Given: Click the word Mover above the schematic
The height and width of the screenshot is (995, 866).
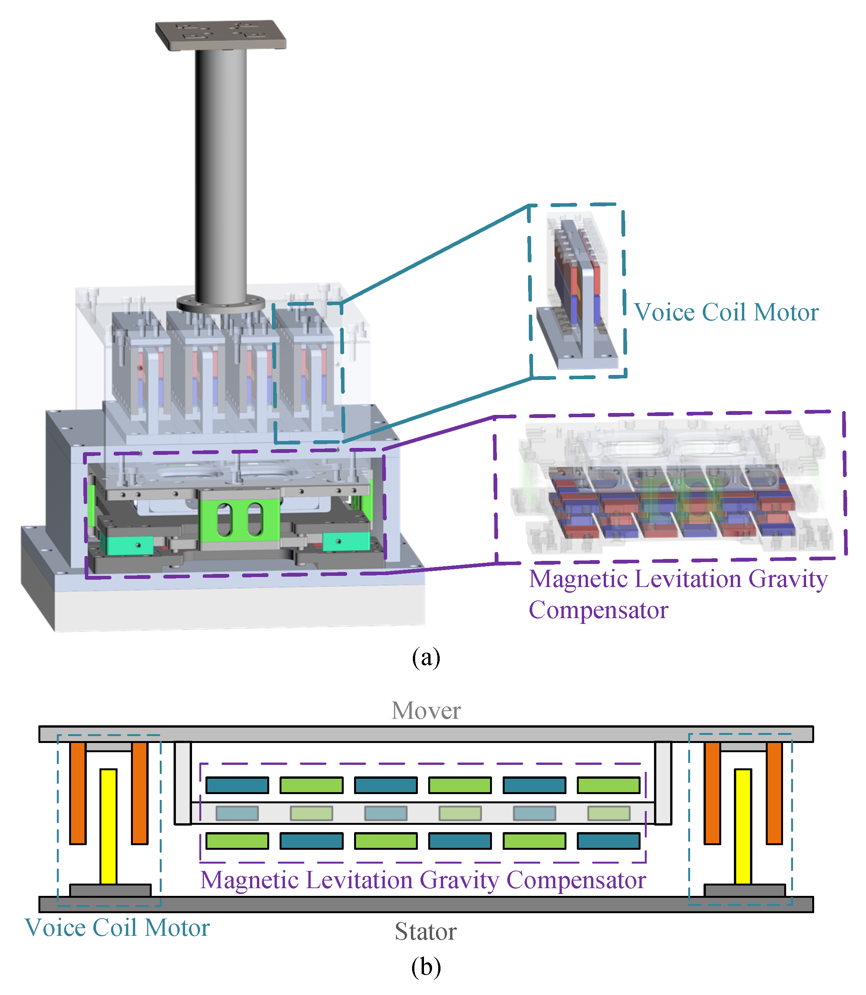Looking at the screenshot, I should (x=426, y=711).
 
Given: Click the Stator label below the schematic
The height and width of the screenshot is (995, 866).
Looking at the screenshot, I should (x=425, y=931).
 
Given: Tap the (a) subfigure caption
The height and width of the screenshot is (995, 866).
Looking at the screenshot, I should (x=426, y=658).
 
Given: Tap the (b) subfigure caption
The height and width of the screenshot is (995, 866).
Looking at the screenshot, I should (x=426, y=967).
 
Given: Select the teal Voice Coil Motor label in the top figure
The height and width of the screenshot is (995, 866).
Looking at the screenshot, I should (x=726, y=312).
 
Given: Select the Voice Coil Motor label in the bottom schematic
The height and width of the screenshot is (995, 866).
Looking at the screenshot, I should (x=117, y=927).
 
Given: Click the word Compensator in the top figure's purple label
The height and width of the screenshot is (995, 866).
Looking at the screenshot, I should (x=598, y=610).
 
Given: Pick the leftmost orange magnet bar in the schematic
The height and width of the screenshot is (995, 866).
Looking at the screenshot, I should (x=78, y=793).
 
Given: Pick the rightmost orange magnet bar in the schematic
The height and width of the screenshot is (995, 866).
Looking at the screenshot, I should (x=774, y=793).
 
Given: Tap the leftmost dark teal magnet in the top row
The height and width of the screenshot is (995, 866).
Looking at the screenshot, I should (x=237, y=785).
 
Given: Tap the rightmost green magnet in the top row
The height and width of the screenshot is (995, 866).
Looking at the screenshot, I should (x=608, y=785).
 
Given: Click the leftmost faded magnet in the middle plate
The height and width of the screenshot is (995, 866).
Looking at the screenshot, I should (x=237, y=813).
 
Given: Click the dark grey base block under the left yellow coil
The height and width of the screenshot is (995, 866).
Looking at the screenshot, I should (x=110, y=890).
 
